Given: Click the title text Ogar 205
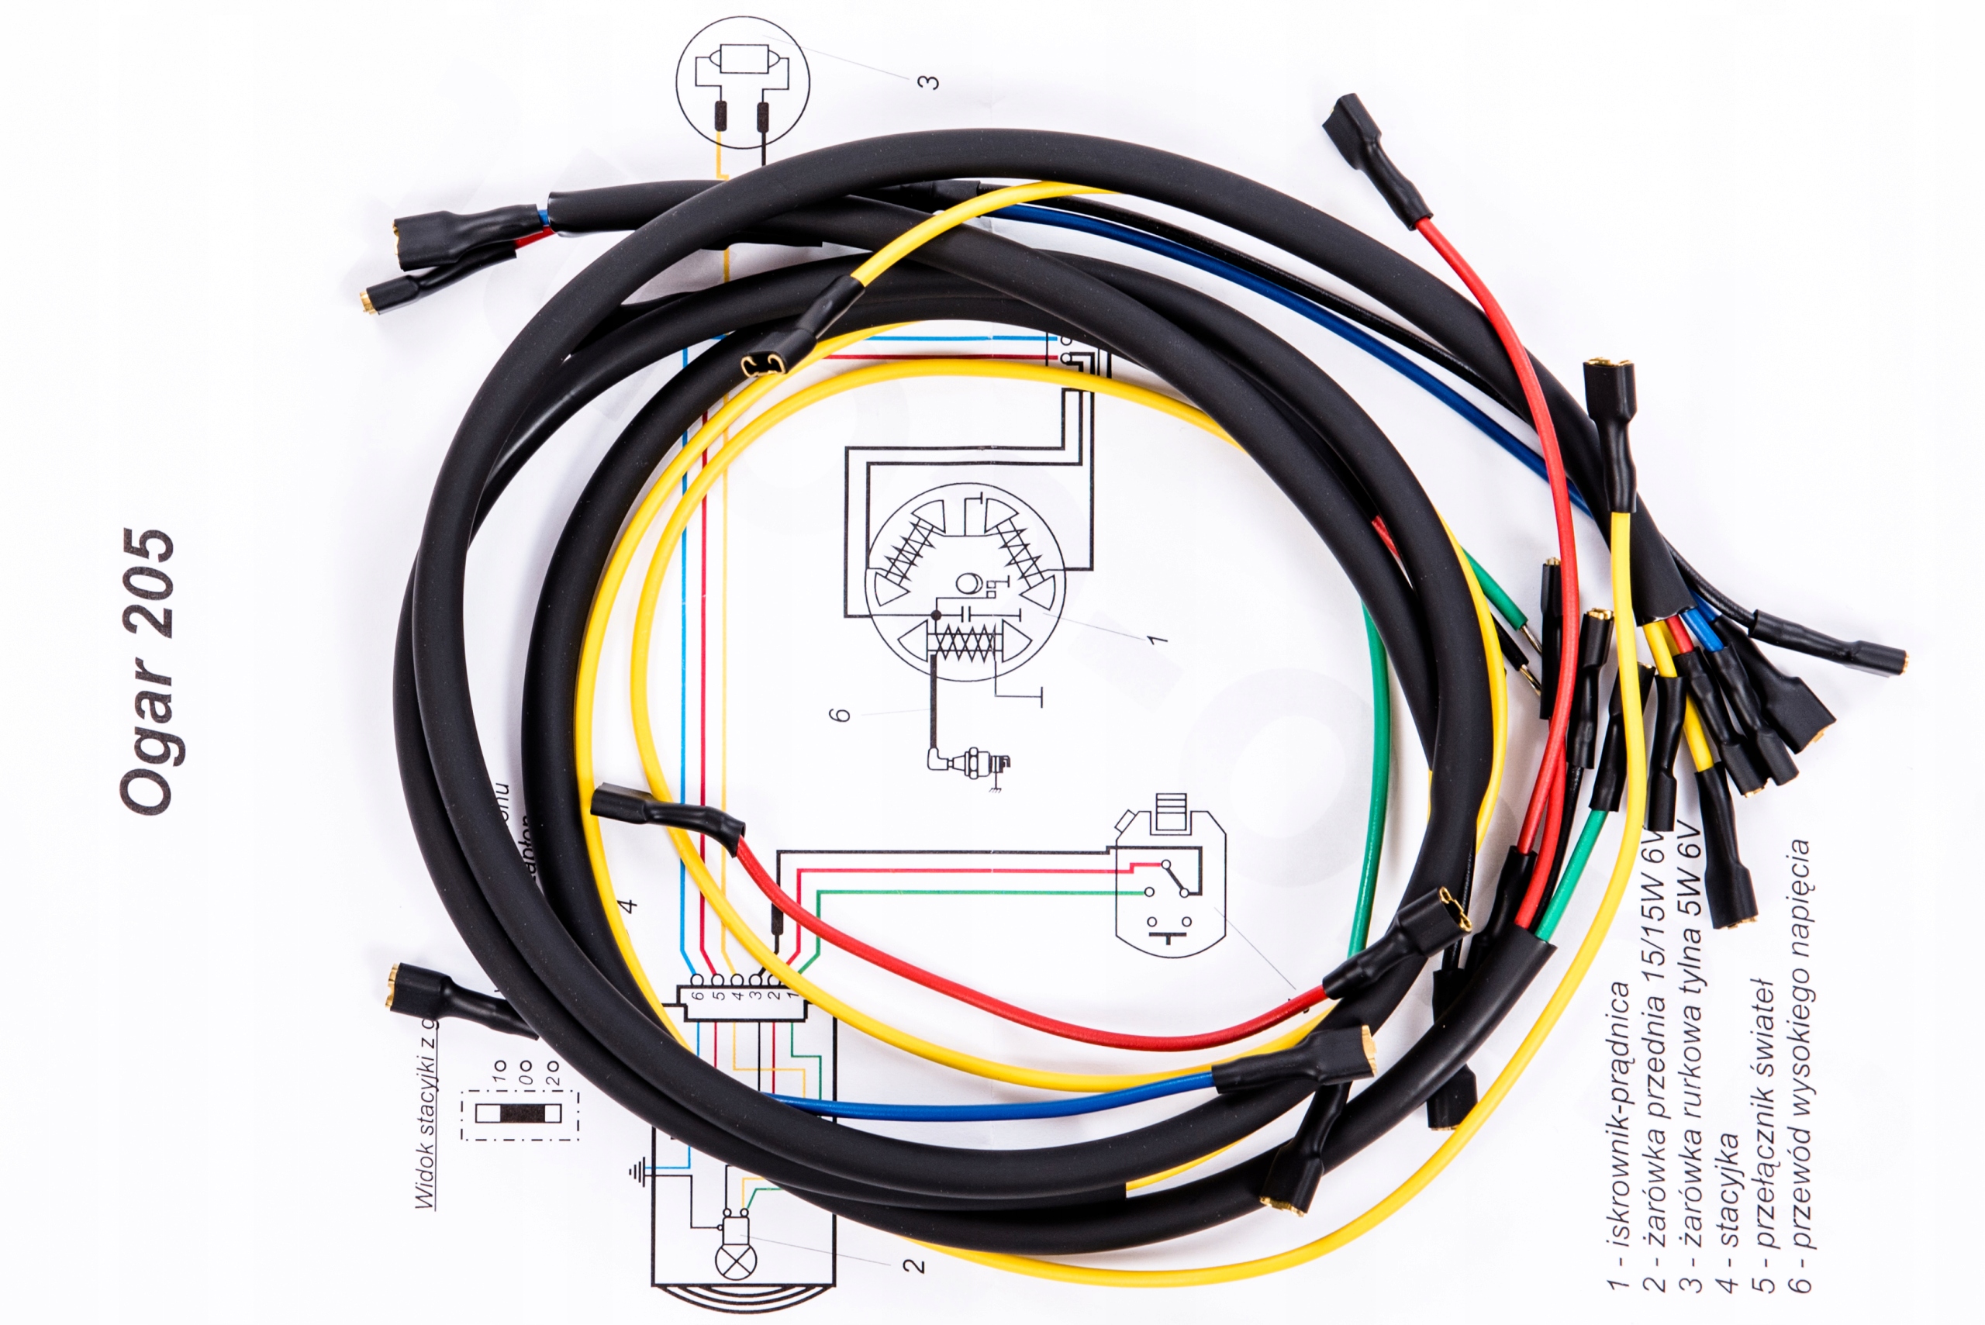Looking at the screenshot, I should pyautogui.click(x=148, y=671).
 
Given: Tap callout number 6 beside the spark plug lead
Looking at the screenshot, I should pyautogui.click(x=840, y=715).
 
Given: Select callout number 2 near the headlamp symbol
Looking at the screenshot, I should pyautogui.click(x=913, y=1265).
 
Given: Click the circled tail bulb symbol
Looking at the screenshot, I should pyautogui.click(x=742, y=82).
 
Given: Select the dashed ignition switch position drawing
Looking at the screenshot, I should pyautogui.click(x=518, y=1114).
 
